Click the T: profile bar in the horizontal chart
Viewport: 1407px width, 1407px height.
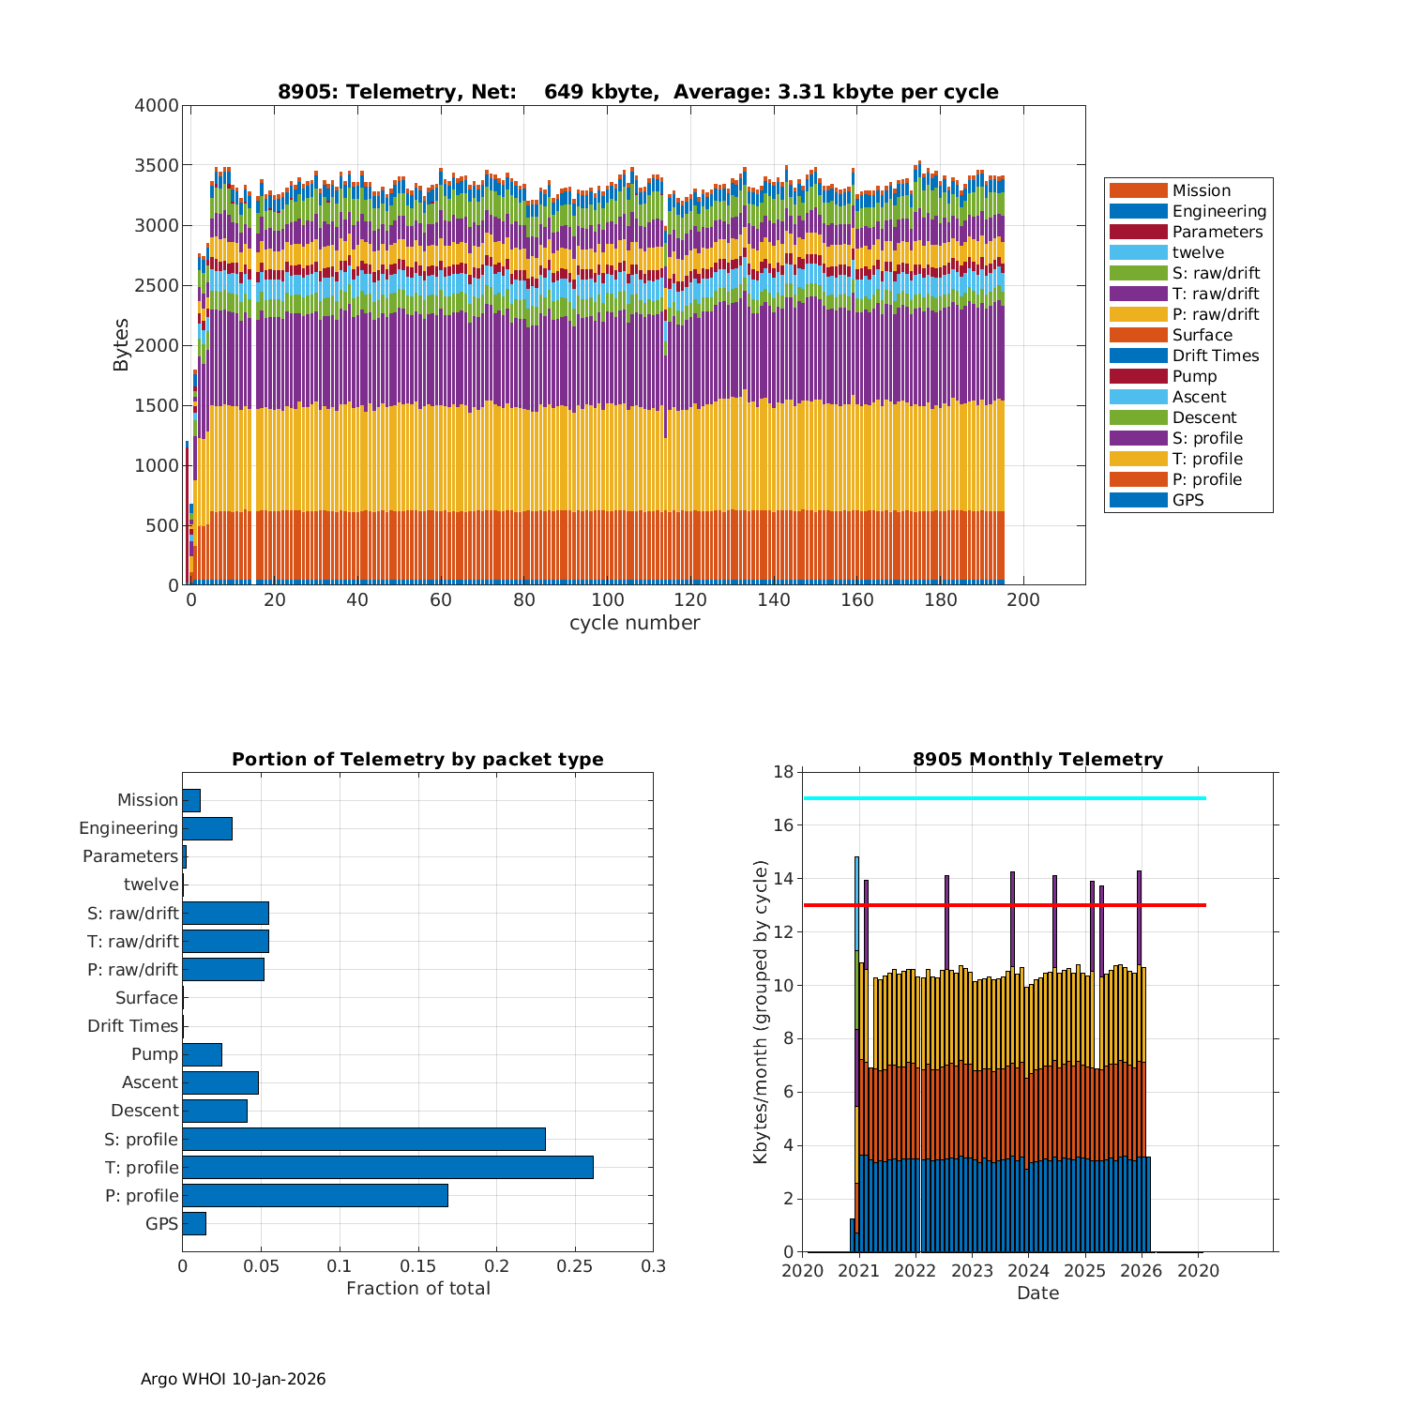[387, 1167]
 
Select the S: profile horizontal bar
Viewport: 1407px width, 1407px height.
[364, 1139]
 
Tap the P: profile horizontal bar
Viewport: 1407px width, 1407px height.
[315, 1195]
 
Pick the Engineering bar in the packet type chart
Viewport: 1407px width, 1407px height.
[207, 828]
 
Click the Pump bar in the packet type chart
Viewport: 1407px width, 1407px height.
[203, 1054]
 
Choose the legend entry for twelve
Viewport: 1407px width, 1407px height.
[1198, 252]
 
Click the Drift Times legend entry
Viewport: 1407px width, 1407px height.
[1215, 356]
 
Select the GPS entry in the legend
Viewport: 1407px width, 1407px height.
[1188, 500]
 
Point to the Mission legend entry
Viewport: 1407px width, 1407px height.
[1201, 190]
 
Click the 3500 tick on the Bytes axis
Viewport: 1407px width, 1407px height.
[159, 166]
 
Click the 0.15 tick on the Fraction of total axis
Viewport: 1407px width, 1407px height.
[417, 1266]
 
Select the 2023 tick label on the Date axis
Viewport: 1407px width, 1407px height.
[973, 1271]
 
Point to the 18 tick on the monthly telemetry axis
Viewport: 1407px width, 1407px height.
[783, 772]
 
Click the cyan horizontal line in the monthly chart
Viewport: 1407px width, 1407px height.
[1004, 798]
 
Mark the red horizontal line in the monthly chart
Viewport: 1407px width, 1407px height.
[1004, 905]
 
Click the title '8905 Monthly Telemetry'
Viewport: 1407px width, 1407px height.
[1037, 760]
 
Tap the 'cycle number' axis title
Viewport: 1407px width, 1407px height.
[634, 623]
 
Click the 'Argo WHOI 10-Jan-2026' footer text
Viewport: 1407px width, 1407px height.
[233, 1379]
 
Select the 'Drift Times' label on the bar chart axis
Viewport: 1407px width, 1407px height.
[132, 1026]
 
